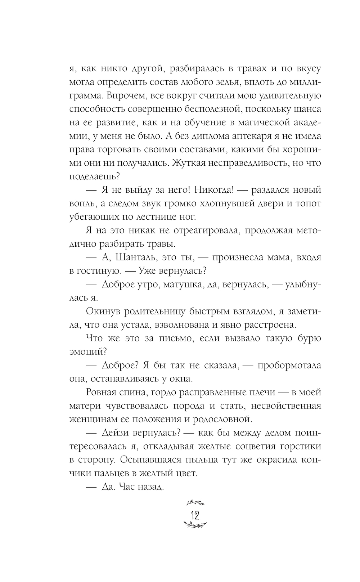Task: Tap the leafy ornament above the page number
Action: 195,502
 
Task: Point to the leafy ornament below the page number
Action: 195,526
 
